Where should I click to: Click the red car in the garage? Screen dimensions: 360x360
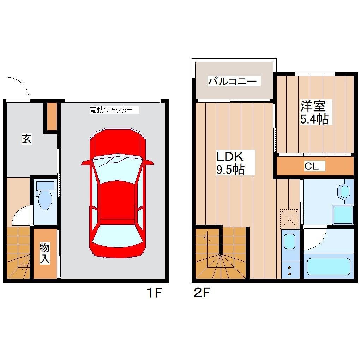click(x=118, y=212)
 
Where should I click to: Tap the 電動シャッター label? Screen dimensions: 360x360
click(x=111, y=110)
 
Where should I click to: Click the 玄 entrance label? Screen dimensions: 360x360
click(x=27, y=139)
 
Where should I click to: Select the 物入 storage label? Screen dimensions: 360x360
click(x=44, y=253)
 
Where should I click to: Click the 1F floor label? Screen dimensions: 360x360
click(x=154, y=293)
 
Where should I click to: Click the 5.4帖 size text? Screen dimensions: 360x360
click(x=314, y=119)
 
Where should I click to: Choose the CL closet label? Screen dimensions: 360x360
click(x=312, y=167)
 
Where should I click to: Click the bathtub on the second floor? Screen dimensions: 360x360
click(x=328, y=266)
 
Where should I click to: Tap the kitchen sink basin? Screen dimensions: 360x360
click(x=289, y=241)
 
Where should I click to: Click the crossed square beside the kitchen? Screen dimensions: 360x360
click(x=289, y=219)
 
